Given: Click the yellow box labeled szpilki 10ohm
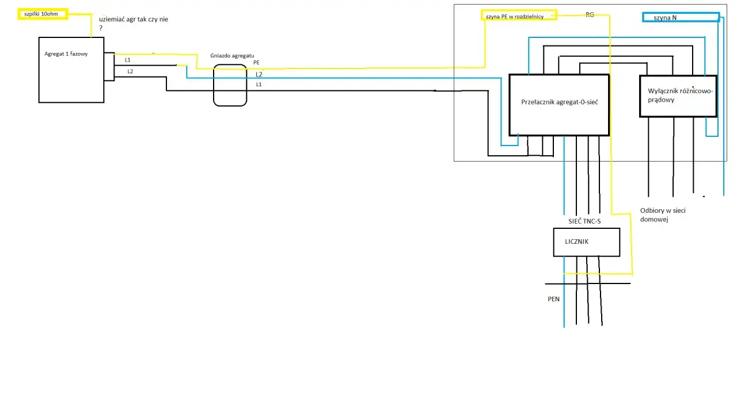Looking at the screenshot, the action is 43,14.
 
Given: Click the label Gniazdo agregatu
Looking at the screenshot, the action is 232,56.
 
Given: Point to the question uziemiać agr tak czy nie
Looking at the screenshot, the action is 133,22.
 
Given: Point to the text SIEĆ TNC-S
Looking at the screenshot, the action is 584,221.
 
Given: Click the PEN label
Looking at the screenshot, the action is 553,299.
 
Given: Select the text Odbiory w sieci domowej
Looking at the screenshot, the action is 663,215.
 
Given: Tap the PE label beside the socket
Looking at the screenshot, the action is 256,63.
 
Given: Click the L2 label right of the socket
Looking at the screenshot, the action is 259,75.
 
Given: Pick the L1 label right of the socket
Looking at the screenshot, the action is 259,85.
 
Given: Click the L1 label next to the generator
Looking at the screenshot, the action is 128,60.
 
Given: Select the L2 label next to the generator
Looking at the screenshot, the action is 130,71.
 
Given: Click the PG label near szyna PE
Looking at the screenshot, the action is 590,15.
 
